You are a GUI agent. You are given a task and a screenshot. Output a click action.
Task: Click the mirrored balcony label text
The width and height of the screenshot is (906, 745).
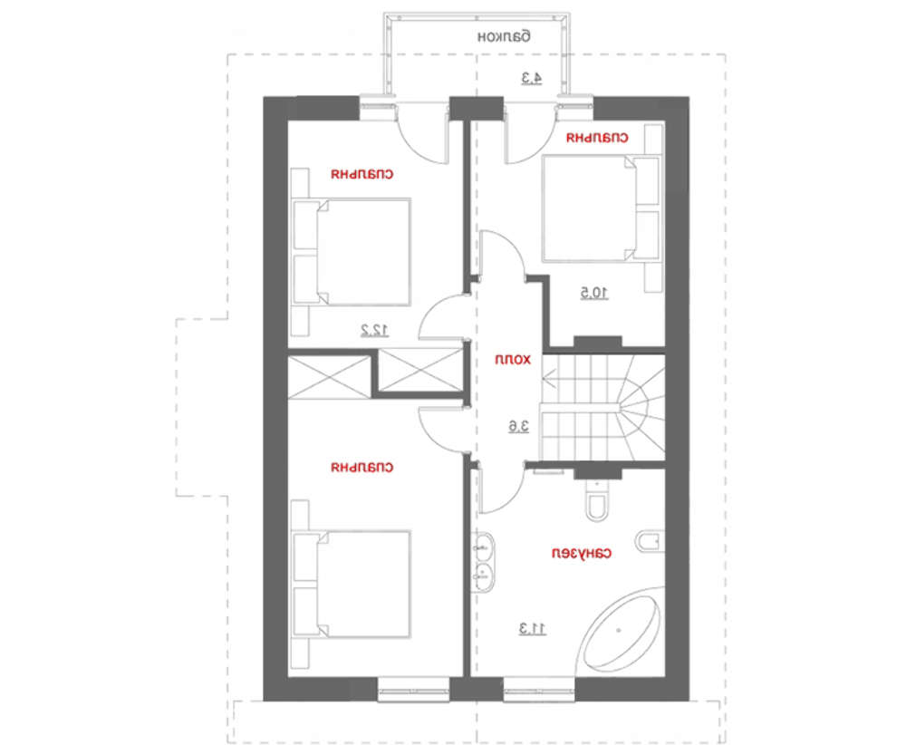coord(503,36)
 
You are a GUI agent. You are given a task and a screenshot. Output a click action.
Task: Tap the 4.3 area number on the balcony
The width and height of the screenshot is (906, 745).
coord(532,78)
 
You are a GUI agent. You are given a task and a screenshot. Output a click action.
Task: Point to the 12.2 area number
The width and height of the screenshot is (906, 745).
coord(374,331)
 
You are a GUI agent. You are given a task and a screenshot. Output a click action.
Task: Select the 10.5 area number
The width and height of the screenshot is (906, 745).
coord(594,294)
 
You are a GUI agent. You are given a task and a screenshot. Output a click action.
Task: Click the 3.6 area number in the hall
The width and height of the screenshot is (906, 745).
coord(518,427)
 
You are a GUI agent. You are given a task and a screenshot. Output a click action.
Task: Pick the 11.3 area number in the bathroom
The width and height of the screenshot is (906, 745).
coord(532,629)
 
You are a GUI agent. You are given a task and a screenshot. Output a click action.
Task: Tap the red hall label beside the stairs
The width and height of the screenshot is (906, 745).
coord(513,360)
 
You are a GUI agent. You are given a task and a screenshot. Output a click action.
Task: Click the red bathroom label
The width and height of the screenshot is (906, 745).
coord(582,554)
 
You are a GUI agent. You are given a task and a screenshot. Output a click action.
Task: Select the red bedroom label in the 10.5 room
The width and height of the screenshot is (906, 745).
coord(597,138)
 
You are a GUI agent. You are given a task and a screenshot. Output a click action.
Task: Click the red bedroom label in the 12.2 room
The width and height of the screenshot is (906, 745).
coord(362,174)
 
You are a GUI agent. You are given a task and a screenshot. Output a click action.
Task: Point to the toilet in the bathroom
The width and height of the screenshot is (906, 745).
coord(597,500)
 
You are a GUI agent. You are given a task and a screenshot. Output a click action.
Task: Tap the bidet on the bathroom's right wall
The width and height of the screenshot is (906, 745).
coord(650,542)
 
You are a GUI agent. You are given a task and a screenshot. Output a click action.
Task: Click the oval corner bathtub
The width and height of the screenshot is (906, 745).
coord(620,631)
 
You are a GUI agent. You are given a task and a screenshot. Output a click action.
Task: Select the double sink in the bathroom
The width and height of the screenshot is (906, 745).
coord(483,562)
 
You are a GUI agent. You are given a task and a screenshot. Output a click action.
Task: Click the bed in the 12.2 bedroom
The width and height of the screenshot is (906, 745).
coord(352,251)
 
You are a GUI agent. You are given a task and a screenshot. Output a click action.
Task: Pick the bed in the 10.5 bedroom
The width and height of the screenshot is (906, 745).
coord(601,208)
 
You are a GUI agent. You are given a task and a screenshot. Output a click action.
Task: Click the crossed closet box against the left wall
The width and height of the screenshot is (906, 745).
coord(330,377)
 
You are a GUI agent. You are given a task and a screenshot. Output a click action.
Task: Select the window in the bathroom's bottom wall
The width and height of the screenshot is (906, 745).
coord(539,689)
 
